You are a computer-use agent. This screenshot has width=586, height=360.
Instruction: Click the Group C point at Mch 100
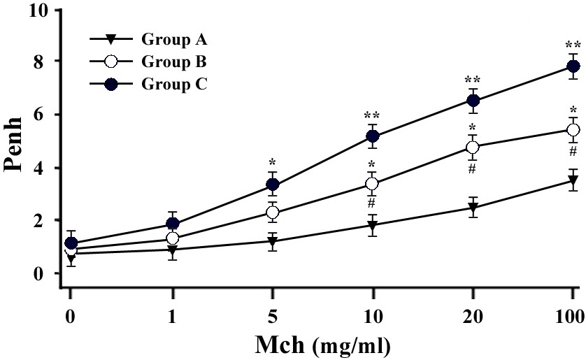pyautogui.click(x=573, y=66)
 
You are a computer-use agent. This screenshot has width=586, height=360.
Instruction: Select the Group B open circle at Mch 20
pyautogui.click(x=473, y=147)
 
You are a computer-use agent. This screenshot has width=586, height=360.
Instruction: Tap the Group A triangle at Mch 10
pyautogui.click(x=372, y=225)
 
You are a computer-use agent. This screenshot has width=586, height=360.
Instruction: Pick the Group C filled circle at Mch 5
pyautogui.click(x=273, y=184)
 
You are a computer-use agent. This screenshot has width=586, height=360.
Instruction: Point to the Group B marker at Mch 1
pyautogui.click(x=172, y=238)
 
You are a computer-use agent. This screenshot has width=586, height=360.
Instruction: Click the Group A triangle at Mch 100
pyautogui.click(x=573, y=181)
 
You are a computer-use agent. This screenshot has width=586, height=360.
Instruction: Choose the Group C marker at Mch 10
pyautogui.click(x=373, y=136)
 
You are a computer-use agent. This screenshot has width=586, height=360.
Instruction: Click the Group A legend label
pyautogui.click(x=174, y=39)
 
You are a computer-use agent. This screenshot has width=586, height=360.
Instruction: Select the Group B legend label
pyautogui.click(x=174, y=62)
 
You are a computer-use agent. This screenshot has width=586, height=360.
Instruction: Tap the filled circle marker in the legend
pyautogui.click(x=111, y=85)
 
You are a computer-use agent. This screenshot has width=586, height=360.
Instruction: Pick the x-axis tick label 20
pyautogui.click(x=473, y=317)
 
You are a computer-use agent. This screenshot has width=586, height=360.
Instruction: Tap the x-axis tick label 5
pyautogui.click(x=273, y=317)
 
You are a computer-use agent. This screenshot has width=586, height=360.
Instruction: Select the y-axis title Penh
pyautogui.click(x=13, y=144)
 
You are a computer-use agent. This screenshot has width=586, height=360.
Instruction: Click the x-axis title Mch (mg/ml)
pyautogui.click(x=323, y=345)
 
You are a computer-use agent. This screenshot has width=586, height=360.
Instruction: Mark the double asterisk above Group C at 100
pyautogui.click(x=573, y=46)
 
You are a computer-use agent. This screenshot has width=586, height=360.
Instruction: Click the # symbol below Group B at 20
pyautogui.click(x=472, y=168)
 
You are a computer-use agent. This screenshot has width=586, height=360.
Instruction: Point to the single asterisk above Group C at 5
pyautogui.click(x=272, y=163)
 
